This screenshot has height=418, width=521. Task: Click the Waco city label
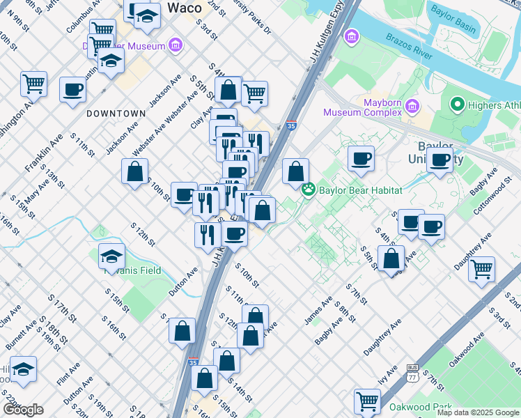(185, 8)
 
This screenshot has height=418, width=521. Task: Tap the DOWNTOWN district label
(116, 113)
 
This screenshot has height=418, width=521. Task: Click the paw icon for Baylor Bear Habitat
(308, 189)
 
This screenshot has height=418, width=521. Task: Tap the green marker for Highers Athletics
(458, 105)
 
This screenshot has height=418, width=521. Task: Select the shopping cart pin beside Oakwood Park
(367, 401)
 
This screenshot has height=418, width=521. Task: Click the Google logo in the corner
(22, 409)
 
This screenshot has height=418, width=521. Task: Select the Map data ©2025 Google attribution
(477, 412)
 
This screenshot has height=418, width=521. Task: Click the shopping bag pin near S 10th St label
(134, 171)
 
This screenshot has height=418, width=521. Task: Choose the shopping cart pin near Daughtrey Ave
(482, 269)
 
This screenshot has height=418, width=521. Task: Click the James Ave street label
(318, 310)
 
